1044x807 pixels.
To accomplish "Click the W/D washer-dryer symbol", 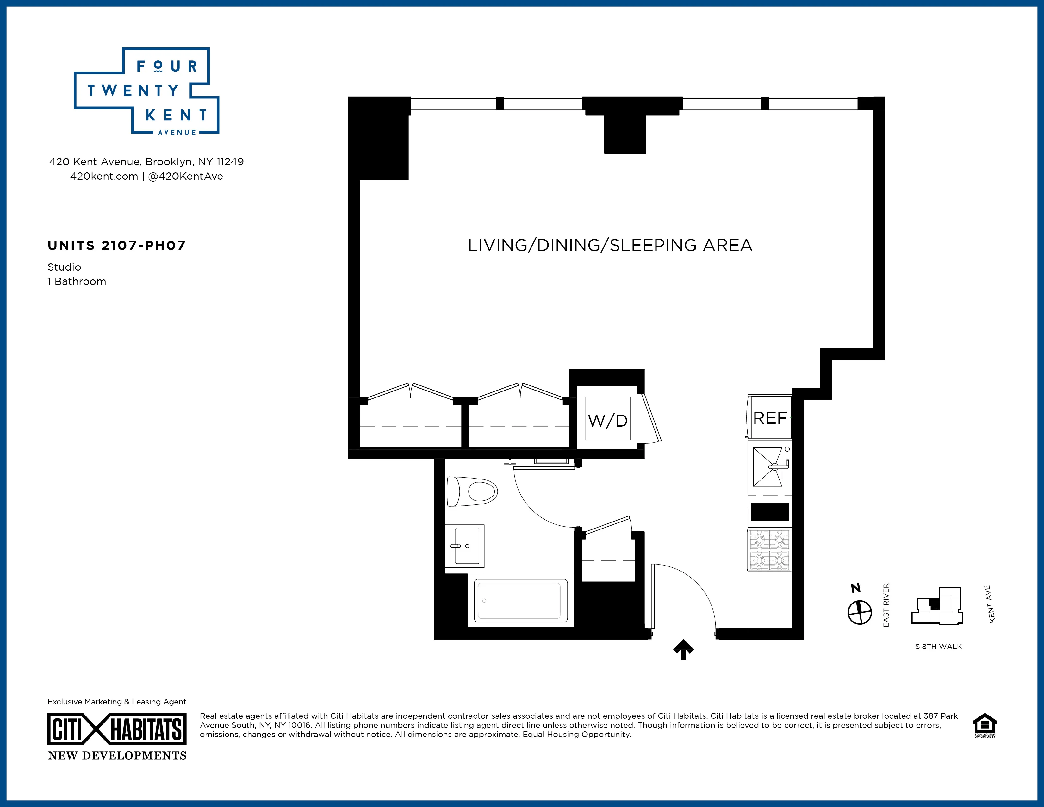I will (x=607, y=419).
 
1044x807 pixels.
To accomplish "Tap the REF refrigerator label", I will (x=770, y=418).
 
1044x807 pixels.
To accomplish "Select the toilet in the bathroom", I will (x=472, y=491).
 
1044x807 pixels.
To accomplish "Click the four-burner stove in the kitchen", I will (x=770, y=550).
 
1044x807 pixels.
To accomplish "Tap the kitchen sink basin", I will (x=768, y=466).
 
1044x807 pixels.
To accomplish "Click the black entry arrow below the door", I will (x=684, y=649).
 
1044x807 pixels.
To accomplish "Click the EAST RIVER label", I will (x=886, y=605).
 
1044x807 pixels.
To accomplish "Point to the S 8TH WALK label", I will (x=938, y=646).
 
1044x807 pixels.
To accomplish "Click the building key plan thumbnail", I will (x=937, y=606).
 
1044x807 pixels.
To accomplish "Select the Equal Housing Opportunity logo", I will (x=985, y=725).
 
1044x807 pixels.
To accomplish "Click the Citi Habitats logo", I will (x=117, y=729).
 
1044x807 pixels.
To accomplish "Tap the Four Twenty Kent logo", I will (x=146, y=91).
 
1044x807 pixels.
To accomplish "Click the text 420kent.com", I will (x=104, y=176).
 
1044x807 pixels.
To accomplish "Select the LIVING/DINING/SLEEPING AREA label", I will (x=610, y=245).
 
